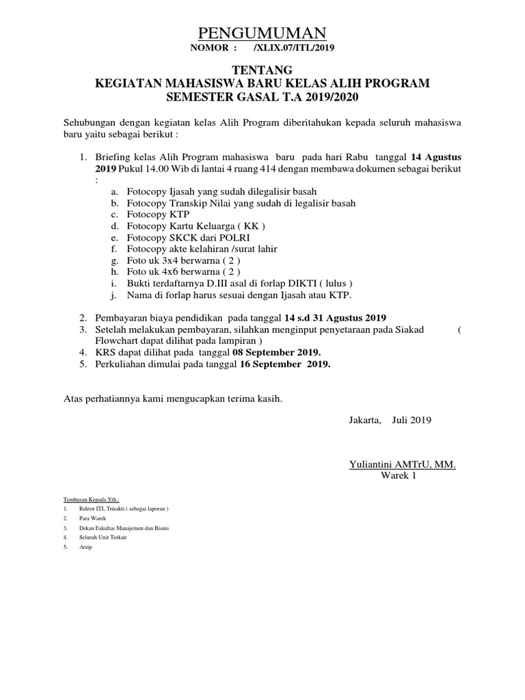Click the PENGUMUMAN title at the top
pyautogui.click(x=262, y=33)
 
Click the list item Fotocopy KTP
pyautogui.click(x=151, y=215)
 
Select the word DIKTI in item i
pyautogui.click(x=309, y=283)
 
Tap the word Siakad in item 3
pyautogui.click(x=408, y=329)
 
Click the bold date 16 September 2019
pyautogui.click(x=285, y=364)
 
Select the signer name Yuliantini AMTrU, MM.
pyautogui.click(x=402, y=465)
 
